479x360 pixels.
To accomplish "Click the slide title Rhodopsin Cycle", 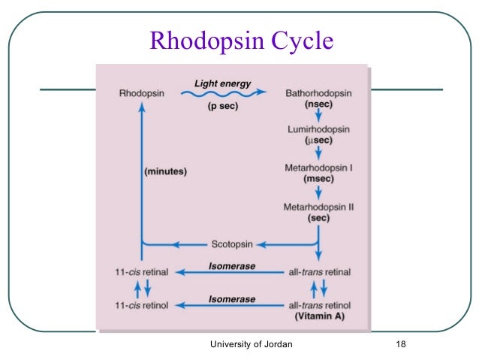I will [241, 41].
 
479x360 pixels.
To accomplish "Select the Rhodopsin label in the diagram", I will [140, 93].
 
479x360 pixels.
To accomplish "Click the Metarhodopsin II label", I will [318, 205].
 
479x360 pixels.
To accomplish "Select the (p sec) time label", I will [224, 107].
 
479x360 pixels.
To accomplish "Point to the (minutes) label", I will [165, 171].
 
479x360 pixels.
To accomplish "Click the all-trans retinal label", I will [321, 271].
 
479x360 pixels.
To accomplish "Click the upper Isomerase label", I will [232, 265].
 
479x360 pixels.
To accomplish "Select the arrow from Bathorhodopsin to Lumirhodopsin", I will [318, 115].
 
